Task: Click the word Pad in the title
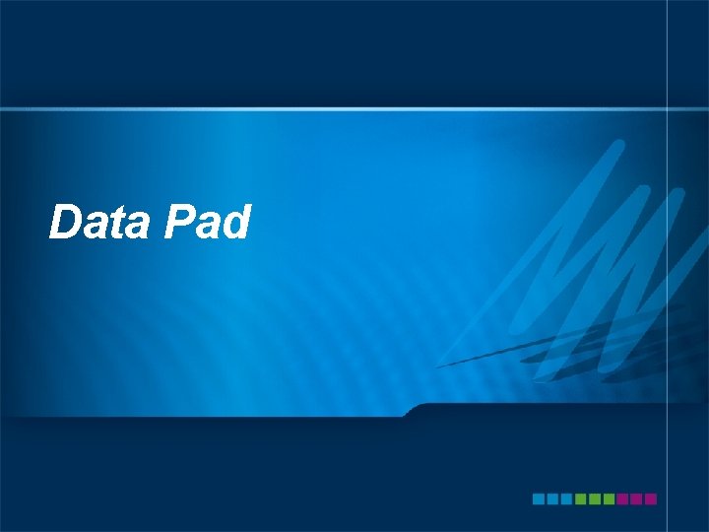pyautogui.click(x=209, y=223)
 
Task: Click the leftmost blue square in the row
pyautogui.click(x=539, y=499)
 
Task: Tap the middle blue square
pyautogui.click(x=552, y=499)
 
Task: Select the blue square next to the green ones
pyautogui.click(x=566, y=499)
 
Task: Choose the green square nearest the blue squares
pyautogui.click(x=580, y=499)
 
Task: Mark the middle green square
pyautogui.click(x=595, y=499)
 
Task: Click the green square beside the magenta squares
pyautogui.click(x=609, y=499)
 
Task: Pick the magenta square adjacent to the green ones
pyautogui.click(x=622, y=499)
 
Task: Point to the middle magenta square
pyautogui.click(x=636, y=499)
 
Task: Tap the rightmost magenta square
pyautogui.click(x=650, y=499)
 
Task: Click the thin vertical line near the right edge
pyautogui.click(x=670, y=266)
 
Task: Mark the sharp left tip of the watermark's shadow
pyautogui.click(x=438, y=366)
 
